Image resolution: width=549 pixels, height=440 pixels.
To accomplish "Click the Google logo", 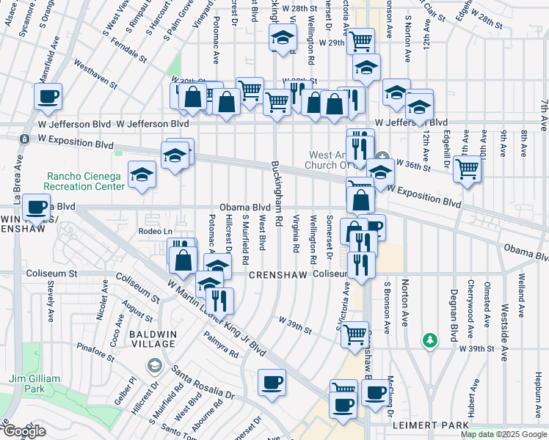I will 23,432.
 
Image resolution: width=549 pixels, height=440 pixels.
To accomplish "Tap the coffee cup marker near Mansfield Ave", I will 48,96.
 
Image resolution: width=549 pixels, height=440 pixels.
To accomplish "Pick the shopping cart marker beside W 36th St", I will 467,169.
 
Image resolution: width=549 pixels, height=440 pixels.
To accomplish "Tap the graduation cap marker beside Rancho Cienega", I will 142,174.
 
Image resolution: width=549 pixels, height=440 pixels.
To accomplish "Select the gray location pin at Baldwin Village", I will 154,364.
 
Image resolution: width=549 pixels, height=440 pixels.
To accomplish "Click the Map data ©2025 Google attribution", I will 503,434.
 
